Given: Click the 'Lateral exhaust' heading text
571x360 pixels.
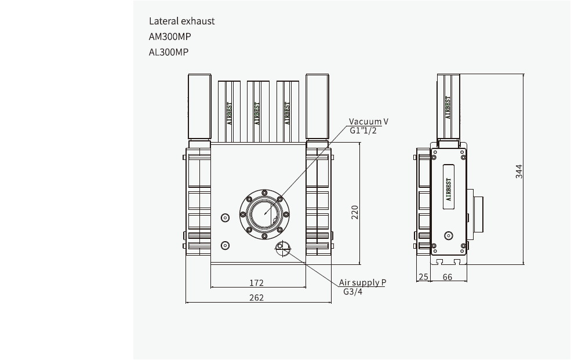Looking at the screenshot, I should click(181, 21).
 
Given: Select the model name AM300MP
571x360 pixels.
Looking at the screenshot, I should click(170, 37).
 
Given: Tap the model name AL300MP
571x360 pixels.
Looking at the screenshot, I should click(169, 52).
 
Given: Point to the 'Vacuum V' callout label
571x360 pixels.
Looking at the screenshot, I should click(368, 122).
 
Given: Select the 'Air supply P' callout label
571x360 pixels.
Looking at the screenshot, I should click(362, 282).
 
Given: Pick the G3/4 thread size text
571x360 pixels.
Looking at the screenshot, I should click(352, 292).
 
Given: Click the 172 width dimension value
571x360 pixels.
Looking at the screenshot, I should click(256, 283).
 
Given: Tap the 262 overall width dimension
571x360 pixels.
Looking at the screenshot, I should click(256, 297).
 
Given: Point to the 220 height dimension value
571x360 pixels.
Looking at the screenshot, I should click(355, 212).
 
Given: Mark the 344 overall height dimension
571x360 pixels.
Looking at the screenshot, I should click(519, 172).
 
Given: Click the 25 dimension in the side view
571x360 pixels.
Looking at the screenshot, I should click(423, 277).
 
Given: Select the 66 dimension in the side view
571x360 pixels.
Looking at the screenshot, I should click(448, 277).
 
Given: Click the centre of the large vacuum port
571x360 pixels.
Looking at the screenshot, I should click(264, 213).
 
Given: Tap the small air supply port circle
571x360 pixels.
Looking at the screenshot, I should click(282, 246).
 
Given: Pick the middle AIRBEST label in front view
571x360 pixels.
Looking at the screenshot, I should click(257, 114).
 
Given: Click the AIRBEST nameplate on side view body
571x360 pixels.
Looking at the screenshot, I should click(449, 189).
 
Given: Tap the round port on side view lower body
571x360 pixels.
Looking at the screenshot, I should click(448, 235).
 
